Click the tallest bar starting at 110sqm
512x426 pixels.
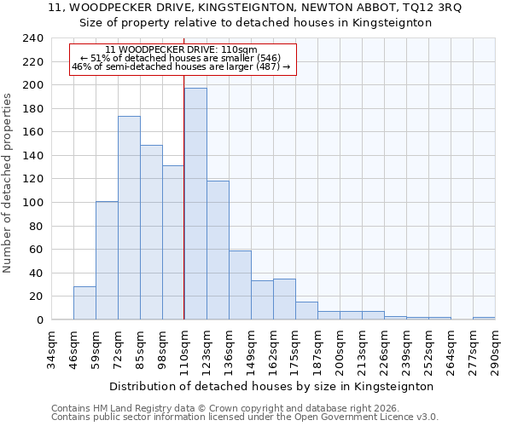pos(195,204)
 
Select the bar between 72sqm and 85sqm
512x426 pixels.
pos(129,218)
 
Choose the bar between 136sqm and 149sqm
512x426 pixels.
pos(240,285)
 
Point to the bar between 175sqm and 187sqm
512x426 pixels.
pos(306,311)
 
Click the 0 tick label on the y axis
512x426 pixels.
pos(39,320)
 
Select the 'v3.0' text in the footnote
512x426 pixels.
pos(426,417)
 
